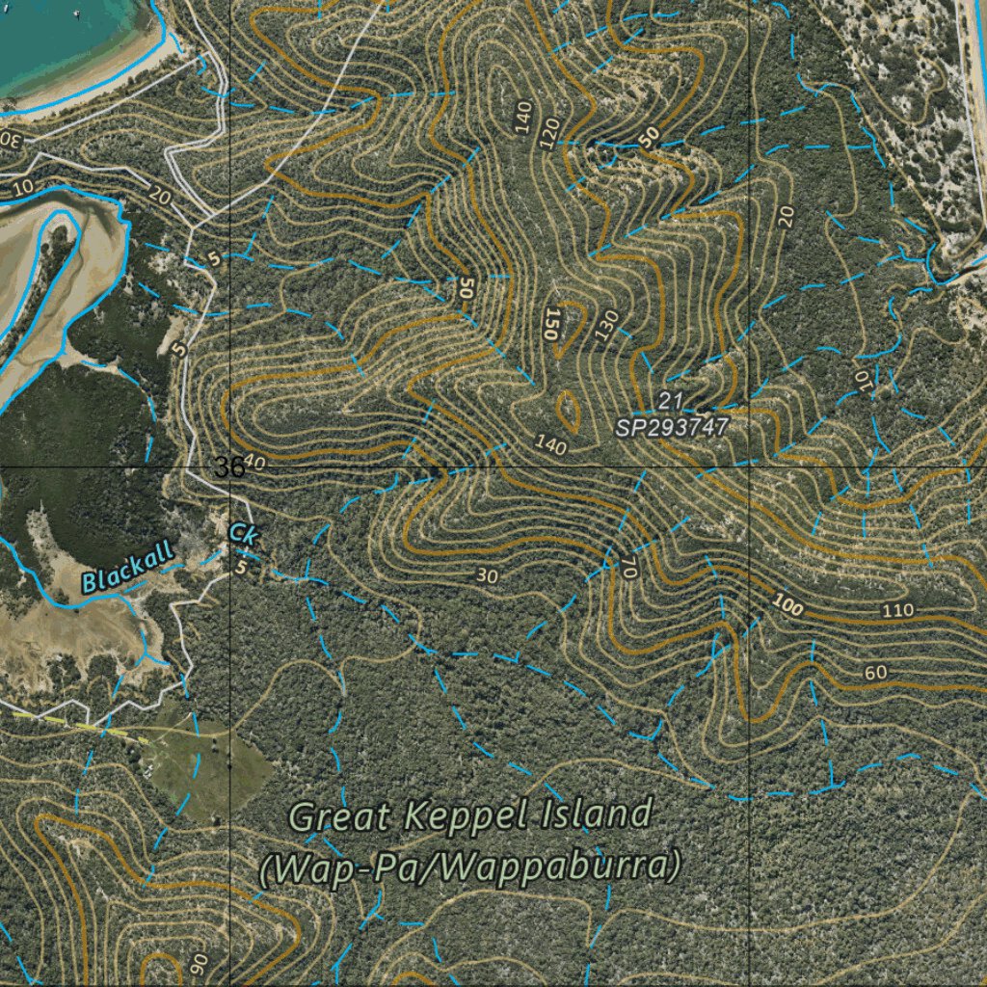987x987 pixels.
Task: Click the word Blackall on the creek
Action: [x=127, y=566]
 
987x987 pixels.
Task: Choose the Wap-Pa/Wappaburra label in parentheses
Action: [x=469, y=866]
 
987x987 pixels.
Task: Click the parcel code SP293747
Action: [x=672, y=425]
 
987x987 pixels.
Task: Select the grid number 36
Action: [x=229, y=467]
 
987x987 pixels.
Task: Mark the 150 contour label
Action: [x=551, y=325]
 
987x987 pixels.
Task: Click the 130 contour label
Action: [x=606, y=326]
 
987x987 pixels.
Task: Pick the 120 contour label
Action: [x=549, y=134]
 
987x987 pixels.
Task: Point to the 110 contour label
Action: [x=897, y=611]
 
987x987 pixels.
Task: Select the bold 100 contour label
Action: [x=787, y=603]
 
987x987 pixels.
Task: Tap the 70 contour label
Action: [x=628, y=566]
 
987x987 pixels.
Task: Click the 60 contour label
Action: [x=875, y=672]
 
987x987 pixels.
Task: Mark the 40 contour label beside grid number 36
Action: [x=254, y=463]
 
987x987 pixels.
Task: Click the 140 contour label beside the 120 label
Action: [x=523, y=117]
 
